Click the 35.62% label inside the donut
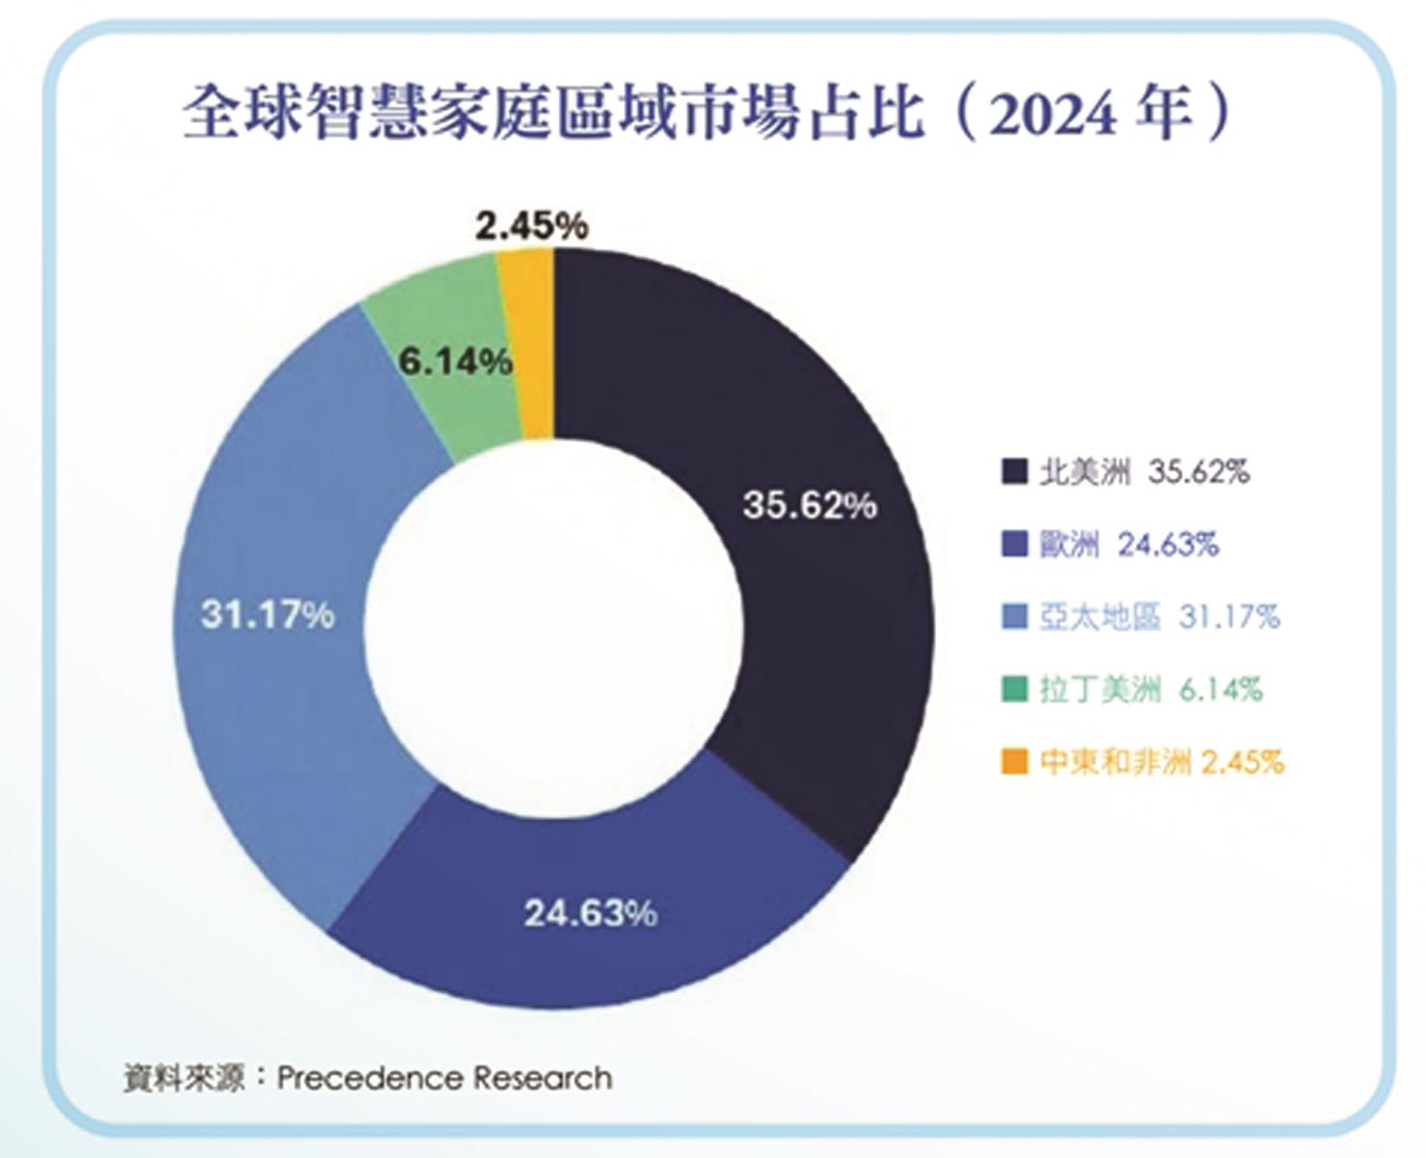[x=810, y=504]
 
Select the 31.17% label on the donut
[x=268, y=614]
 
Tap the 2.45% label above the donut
[x=531, y=227]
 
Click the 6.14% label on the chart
[x=455, y=362]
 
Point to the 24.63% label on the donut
[x=590, y=913]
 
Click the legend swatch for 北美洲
[x=1014, y=471]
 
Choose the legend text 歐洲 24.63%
[x=1128, y=545]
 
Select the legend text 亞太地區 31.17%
[x=1159, y=617]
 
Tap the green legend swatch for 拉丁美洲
[x=1014, y=690]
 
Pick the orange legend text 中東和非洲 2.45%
[x=1162, y=762]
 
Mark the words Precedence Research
[x=444, y=1077]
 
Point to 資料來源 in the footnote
[x=184, y=1077]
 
